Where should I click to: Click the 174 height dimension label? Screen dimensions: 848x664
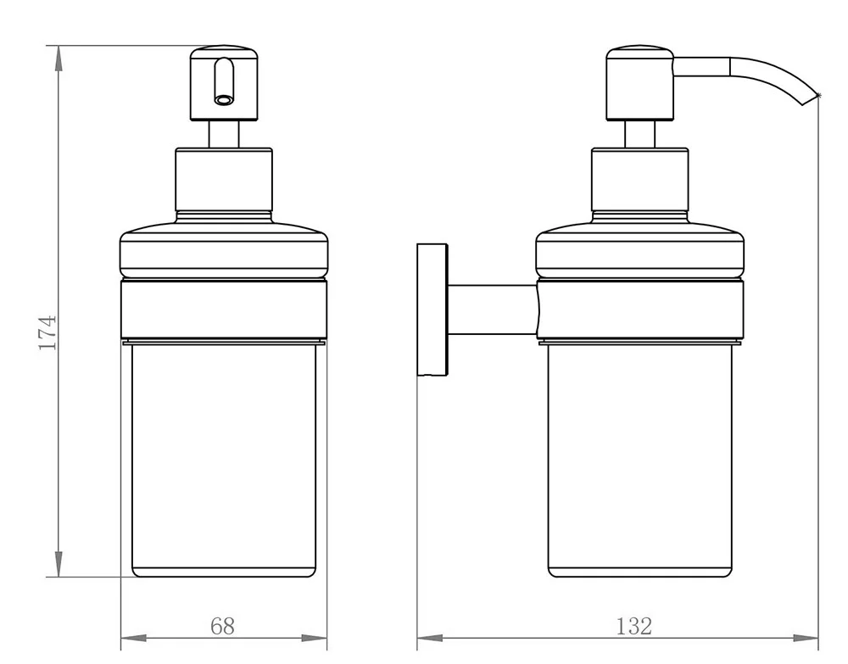pos(47,332)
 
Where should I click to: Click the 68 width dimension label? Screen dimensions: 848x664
pos(222,626)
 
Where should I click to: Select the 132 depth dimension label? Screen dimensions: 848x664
pos(633,626)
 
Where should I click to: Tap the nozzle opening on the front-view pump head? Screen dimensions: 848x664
pos(222,100)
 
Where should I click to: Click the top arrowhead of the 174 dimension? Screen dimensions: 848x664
pos(59,59)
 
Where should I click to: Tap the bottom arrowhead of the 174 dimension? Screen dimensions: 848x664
pos(59,564)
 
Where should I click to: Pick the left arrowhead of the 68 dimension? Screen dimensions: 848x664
pos(133,639)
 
